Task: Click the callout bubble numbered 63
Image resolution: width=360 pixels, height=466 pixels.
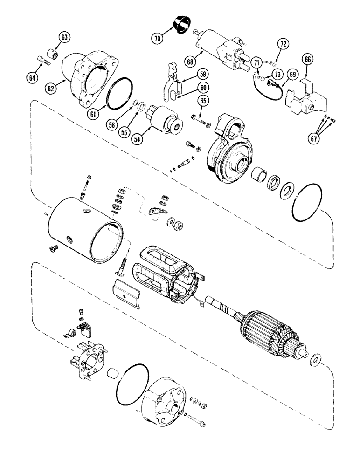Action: pos(64,37)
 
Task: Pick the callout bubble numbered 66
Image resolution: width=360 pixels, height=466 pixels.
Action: pos(309,59)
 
